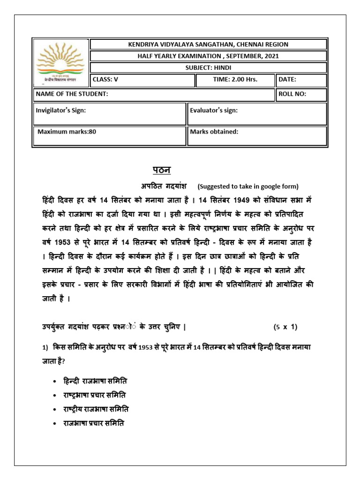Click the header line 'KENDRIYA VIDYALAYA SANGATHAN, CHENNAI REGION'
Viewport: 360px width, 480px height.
pyautogui.click(x=209, y=45)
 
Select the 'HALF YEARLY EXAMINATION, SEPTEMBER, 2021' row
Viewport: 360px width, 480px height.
pyautogui.click(x=209, y=56)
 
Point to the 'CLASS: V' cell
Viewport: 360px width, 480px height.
pyautogui.click(x=142, y=80)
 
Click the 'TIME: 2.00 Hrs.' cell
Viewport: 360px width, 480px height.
pyautogui.click(x=235, y=80)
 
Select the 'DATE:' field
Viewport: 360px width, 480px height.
pyautogui.click(x=301, y=80)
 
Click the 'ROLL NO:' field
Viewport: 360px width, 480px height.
pyautogui.click(x=301, y=94)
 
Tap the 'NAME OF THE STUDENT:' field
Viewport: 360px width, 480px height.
pyautogui.click(x=154, y=94)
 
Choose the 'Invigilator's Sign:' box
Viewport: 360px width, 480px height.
pyautogui.click(x=109, y=114)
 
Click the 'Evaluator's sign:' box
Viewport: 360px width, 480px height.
pyautogui.click(x=257, y=114)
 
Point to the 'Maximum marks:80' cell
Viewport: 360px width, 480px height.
pyautogui.click(x=109, y=135)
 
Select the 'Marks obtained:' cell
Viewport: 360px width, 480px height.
pyautogui.click(x=257, y=135)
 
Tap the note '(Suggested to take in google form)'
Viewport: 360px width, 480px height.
pyautogui.click(x=247, y=186)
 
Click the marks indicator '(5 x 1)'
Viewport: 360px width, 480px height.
pyautogui.click(x=285, y=327)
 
